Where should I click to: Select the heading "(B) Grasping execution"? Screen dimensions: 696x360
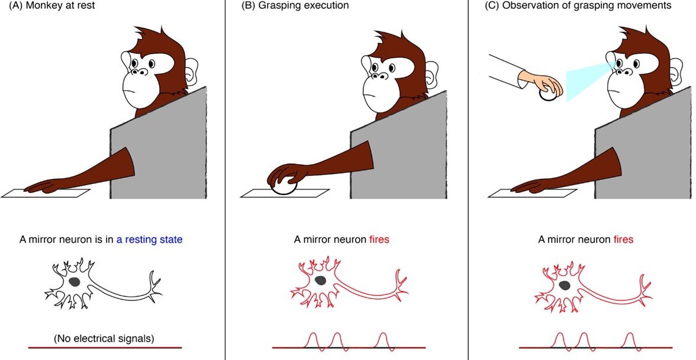(x=295, y=5)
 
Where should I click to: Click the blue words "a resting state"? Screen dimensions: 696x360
(x=149, y=240)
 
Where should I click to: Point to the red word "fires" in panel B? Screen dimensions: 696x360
(x=379, y=240)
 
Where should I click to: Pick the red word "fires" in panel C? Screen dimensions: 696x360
(x=623, y=240)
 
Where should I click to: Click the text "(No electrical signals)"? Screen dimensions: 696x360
(x=104, y=339)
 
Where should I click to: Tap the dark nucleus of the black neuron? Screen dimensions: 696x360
(x=75, y=281)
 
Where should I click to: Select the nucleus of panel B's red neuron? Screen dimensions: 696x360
(x=320, y=280)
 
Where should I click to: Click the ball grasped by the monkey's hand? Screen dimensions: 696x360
(x=283, y=185)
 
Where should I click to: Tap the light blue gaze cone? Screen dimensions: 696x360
(x=588, y=80)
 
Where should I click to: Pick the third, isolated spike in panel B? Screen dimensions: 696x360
(x=383, y=340)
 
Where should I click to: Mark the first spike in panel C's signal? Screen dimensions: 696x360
(x=560, y=340)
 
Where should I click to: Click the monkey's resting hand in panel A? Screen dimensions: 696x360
(x=41, y=187)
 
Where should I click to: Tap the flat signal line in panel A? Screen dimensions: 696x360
(x=105, y=348)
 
